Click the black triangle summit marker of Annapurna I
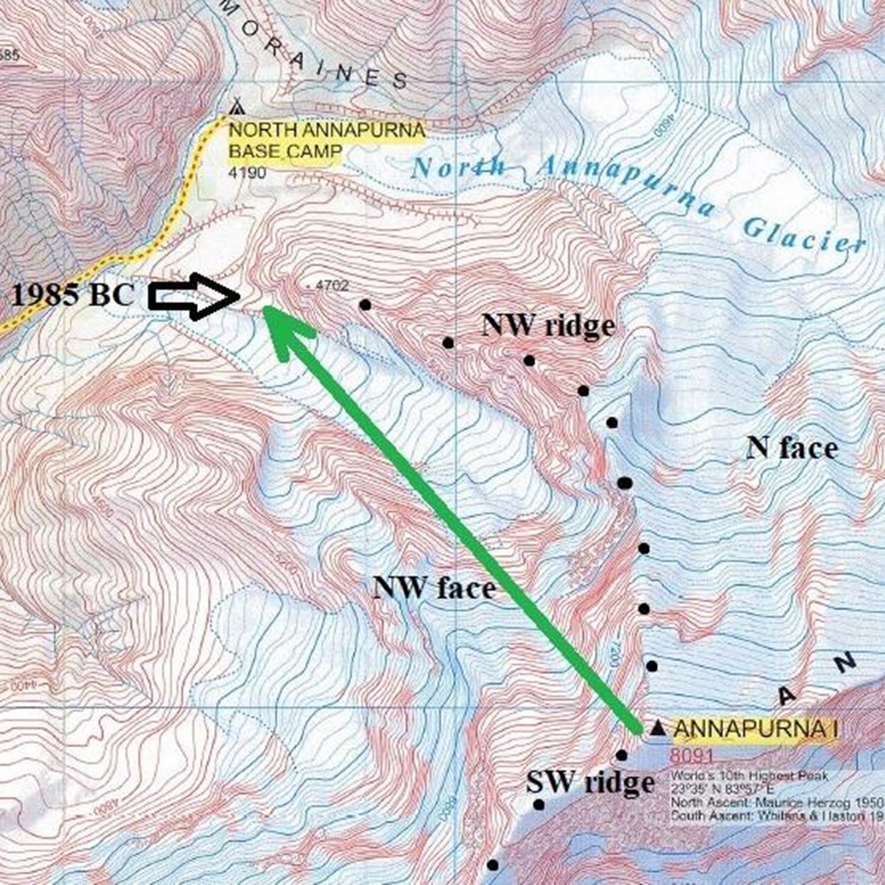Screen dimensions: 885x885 click(x=658, y=729)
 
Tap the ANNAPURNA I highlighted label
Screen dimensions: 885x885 click(x=756, y=729)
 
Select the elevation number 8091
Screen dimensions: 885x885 click(x=691, y=755)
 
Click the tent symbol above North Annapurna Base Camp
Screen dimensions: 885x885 click(x=237, y=106)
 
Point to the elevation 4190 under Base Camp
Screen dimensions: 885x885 click(x=247, y=173)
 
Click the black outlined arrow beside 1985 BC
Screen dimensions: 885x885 click(x=194, y=296)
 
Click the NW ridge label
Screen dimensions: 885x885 click(x=548, y=325)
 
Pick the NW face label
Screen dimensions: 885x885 click(x=434, y=588)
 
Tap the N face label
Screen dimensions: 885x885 click(x=792, y=448)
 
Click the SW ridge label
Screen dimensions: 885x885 click(x=590, y=783)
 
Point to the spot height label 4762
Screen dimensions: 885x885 click(x=332, y=286)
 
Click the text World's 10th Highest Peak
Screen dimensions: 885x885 click(x=749, y=776)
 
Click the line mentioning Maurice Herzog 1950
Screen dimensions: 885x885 click(x=776, y=802)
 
